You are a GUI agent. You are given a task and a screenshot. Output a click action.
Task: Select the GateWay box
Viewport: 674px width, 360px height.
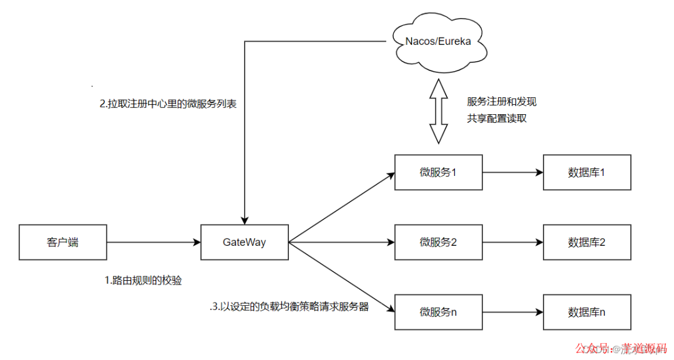tap(244, 241)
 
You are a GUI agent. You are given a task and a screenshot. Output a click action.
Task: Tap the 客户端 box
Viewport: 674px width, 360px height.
tap(62, 242)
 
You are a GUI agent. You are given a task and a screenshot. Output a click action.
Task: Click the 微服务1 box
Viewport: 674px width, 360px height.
tap(438, 172)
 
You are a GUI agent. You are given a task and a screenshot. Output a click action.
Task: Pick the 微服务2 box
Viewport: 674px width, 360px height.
tap(438, 242)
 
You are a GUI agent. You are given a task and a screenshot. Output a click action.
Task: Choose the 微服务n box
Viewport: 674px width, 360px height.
tap(438, 312)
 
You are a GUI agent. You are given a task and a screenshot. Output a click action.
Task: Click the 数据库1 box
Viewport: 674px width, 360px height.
tap(587, 172)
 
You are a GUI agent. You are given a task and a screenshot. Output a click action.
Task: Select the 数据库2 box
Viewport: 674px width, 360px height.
tap(587, 242)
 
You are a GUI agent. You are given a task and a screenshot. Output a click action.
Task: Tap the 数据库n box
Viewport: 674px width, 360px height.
tap(587, 312)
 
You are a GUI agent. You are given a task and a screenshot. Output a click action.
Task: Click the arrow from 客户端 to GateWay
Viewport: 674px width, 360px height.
tap(153, 241)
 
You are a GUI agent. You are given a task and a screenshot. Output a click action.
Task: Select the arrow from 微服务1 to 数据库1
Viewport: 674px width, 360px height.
tap(512, 172)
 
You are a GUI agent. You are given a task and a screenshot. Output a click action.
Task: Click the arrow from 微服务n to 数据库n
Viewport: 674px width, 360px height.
tap(512, 312)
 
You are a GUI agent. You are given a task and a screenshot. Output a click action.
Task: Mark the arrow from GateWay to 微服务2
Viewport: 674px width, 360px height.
tap(341, 241)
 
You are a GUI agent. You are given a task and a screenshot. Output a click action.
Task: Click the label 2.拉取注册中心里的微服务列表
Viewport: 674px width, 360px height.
tap(167, 105)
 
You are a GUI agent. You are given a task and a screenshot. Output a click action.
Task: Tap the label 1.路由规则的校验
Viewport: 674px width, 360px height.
tap(143, 281)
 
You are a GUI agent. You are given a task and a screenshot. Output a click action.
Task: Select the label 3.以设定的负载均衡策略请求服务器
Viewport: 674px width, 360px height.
tap(289, 307)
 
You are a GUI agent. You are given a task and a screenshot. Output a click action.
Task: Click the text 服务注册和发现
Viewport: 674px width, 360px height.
tap(501, 102)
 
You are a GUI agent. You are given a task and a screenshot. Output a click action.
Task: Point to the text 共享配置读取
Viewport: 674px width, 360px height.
tap(497, 118)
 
